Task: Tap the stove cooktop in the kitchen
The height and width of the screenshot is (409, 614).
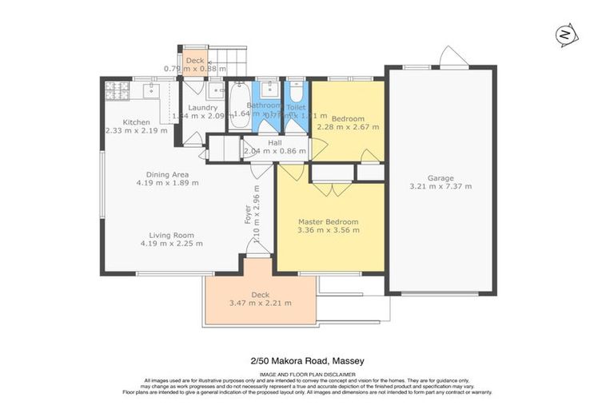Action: [117, 91]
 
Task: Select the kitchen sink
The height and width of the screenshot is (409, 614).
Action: [150, 91]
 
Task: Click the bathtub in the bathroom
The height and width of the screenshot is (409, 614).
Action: [238, 105]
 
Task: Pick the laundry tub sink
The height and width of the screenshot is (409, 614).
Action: [193, 89]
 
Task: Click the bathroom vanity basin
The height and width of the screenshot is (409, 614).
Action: [270, 88]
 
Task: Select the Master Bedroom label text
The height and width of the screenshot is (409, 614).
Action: [328, 221]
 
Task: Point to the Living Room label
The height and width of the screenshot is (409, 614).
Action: [171, 235]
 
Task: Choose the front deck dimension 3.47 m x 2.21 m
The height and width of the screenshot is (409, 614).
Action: [260, 303]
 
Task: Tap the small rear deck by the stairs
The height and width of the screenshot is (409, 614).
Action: [194, 61]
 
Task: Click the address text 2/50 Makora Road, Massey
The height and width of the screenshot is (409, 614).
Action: [307, 361]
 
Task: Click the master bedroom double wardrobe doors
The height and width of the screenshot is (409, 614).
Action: [331, 189]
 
